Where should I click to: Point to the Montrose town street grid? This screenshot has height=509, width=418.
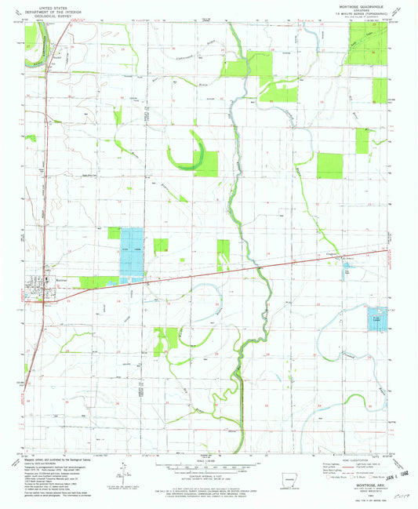(37, 292)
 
